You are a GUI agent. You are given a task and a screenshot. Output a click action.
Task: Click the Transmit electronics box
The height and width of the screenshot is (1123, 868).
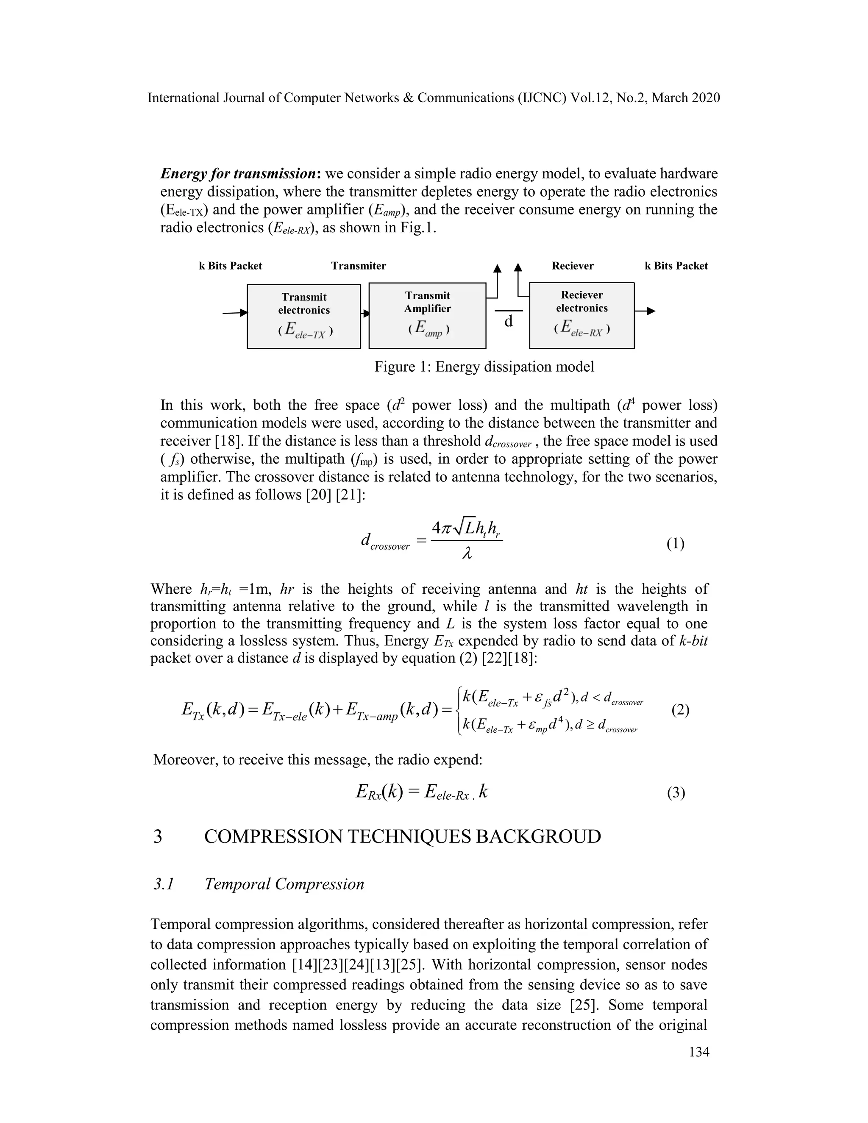tap(303, 316)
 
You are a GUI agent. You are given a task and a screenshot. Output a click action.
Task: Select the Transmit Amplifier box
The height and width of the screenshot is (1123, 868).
tap(427, 315)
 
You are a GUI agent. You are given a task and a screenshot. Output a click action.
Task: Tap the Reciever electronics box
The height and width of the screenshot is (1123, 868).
tap(581, 315)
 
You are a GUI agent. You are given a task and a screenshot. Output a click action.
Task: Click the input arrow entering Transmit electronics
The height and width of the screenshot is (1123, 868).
tap(235, 313)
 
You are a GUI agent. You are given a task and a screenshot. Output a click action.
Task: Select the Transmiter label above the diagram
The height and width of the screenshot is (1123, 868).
tap(359, 266)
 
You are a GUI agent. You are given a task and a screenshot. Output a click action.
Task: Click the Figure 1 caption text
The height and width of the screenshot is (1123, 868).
tap(484, 367)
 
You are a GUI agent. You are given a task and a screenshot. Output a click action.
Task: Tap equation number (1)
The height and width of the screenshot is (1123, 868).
tap(676, 544)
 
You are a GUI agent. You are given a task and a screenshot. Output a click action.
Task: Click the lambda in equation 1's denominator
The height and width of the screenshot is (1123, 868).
tap(467, 555)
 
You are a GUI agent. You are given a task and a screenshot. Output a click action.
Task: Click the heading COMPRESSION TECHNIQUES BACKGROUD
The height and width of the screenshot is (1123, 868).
tap(402, 837)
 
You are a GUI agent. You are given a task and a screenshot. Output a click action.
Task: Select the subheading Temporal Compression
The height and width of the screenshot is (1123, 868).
tap(284, 884)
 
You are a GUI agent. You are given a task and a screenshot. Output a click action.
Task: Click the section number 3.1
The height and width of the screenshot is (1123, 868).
tap(164, 884)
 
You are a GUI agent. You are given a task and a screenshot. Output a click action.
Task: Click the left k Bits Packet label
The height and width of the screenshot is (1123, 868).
tap(231, 266)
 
